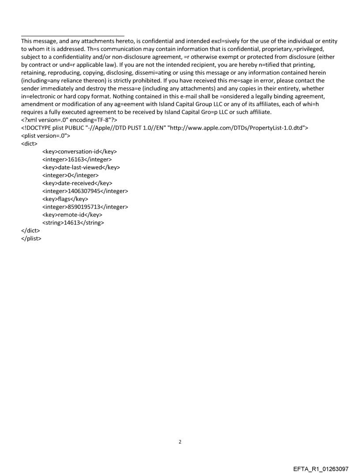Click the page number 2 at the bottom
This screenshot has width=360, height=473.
click(180, 442)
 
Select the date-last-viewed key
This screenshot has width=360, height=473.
click(81, 167)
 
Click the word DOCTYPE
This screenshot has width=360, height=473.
click(40, 127)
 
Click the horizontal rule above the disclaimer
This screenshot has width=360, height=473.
click(72, 36)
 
